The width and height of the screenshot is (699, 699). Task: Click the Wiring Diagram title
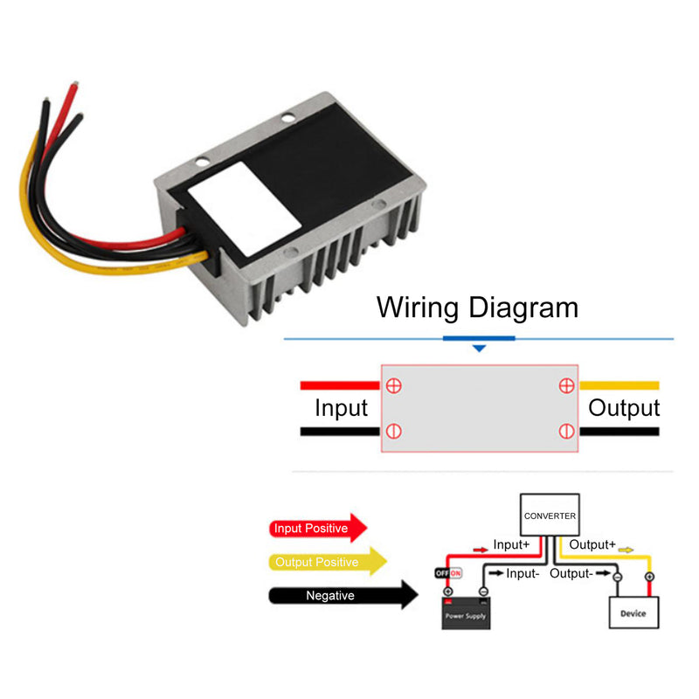click(477, 308)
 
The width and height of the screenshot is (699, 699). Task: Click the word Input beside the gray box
click(341, 408)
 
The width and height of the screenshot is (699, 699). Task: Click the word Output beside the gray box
click(623, 408)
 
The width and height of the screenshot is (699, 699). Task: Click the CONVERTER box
click(550, 516)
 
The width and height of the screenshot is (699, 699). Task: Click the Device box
click(633, 612)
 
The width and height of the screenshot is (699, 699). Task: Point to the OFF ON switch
click(448, 573)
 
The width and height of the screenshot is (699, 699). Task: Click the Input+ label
click(511, 544)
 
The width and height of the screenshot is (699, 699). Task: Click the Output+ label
click(592, 544)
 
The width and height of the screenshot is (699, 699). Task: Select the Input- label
click(522, 574)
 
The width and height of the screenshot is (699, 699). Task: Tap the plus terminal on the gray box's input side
click(394, 385)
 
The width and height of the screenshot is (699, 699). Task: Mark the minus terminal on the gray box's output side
click(565, 431)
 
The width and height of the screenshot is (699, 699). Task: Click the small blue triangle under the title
click(478, 349)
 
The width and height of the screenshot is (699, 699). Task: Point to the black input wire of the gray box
click(340, 432)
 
